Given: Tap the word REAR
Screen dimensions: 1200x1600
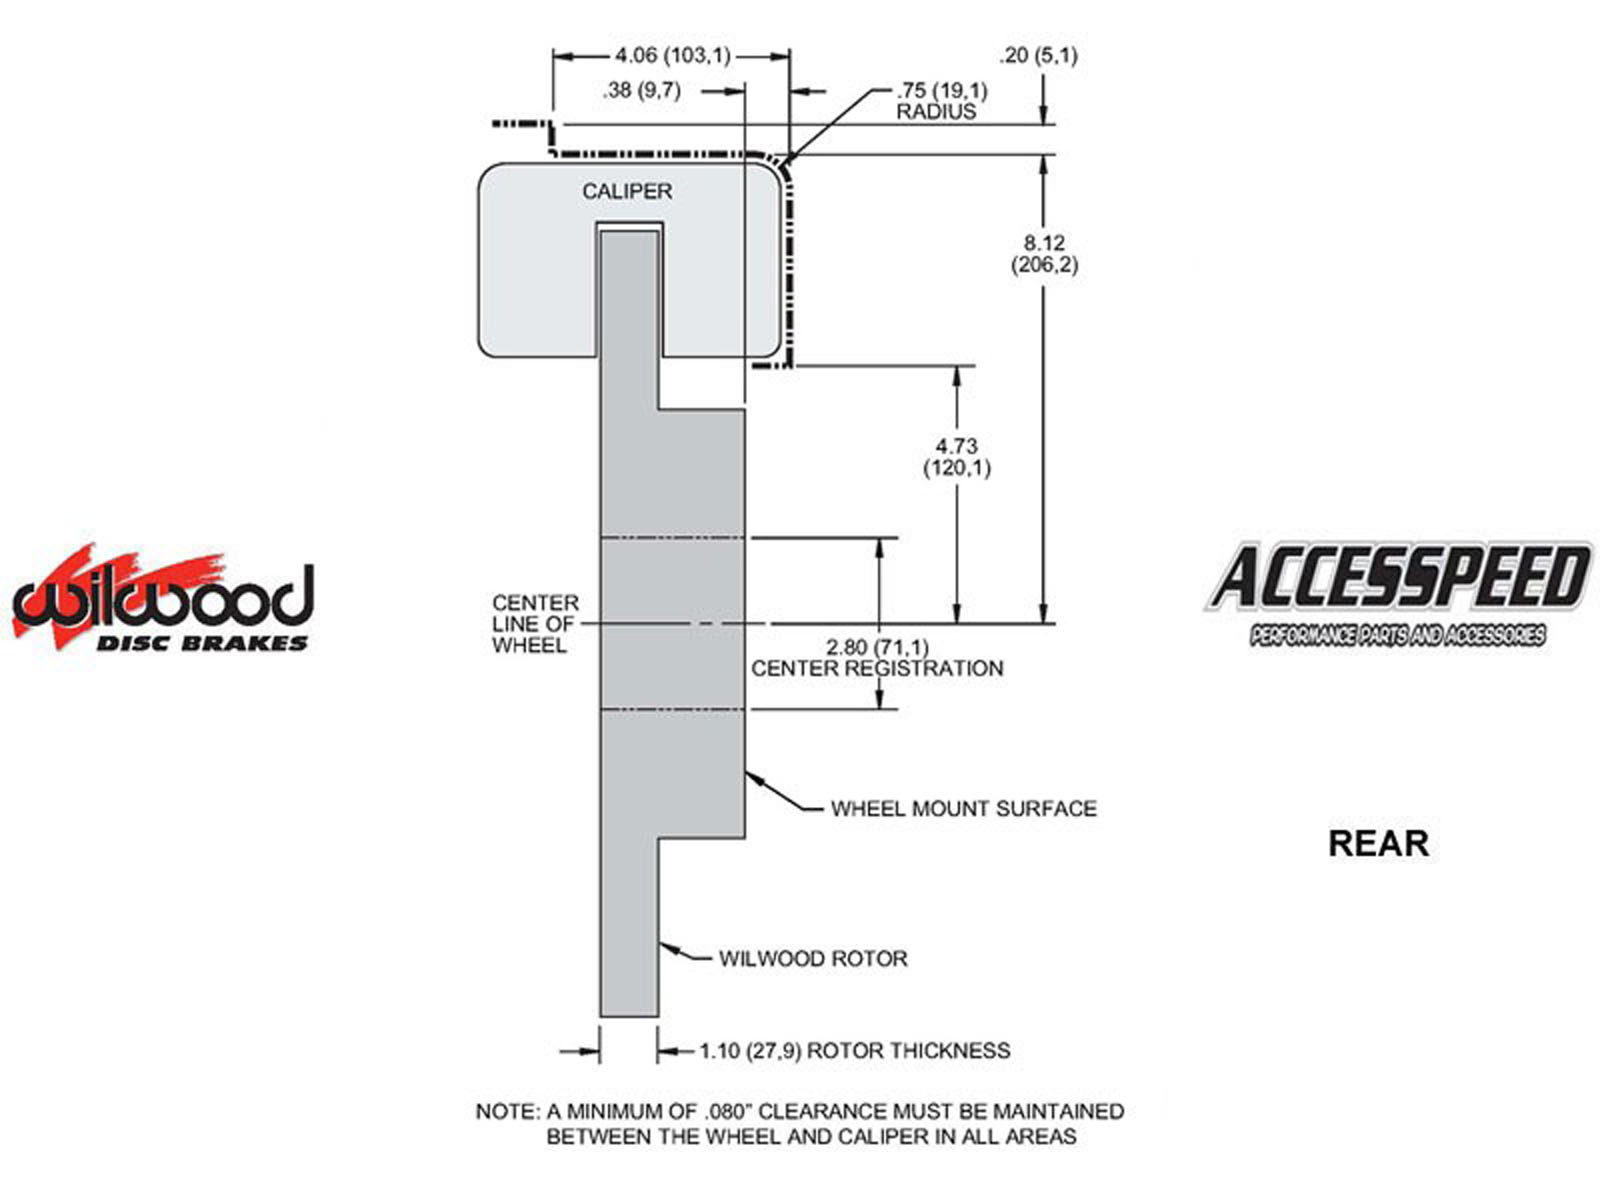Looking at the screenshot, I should point(1378,843).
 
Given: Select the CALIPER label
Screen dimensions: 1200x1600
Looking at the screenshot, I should point(627,191).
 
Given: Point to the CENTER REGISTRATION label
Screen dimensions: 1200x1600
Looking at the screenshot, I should point(877,668).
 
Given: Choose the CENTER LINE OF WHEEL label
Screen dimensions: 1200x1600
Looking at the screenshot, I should point(535,624).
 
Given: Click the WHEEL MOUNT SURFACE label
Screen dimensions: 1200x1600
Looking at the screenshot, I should point(963,808).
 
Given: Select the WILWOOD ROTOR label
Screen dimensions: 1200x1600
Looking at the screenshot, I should point(813,958).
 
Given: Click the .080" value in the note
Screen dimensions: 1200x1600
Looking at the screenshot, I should point(726,1111).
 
